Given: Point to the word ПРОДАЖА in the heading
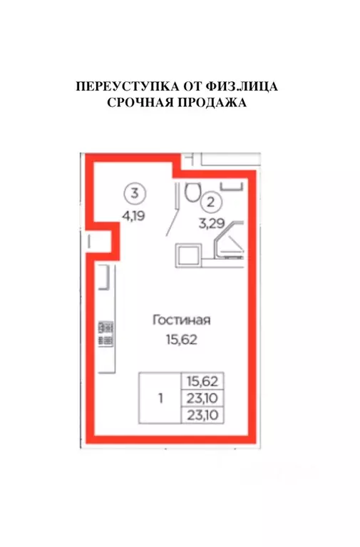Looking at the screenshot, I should (212, 103).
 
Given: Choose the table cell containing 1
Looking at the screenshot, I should (160, 399).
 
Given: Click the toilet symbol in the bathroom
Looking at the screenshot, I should (190, 191).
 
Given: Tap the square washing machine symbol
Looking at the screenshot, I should (190, 255).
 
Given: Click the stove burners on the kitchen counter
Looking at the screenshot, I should (106, 333).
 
